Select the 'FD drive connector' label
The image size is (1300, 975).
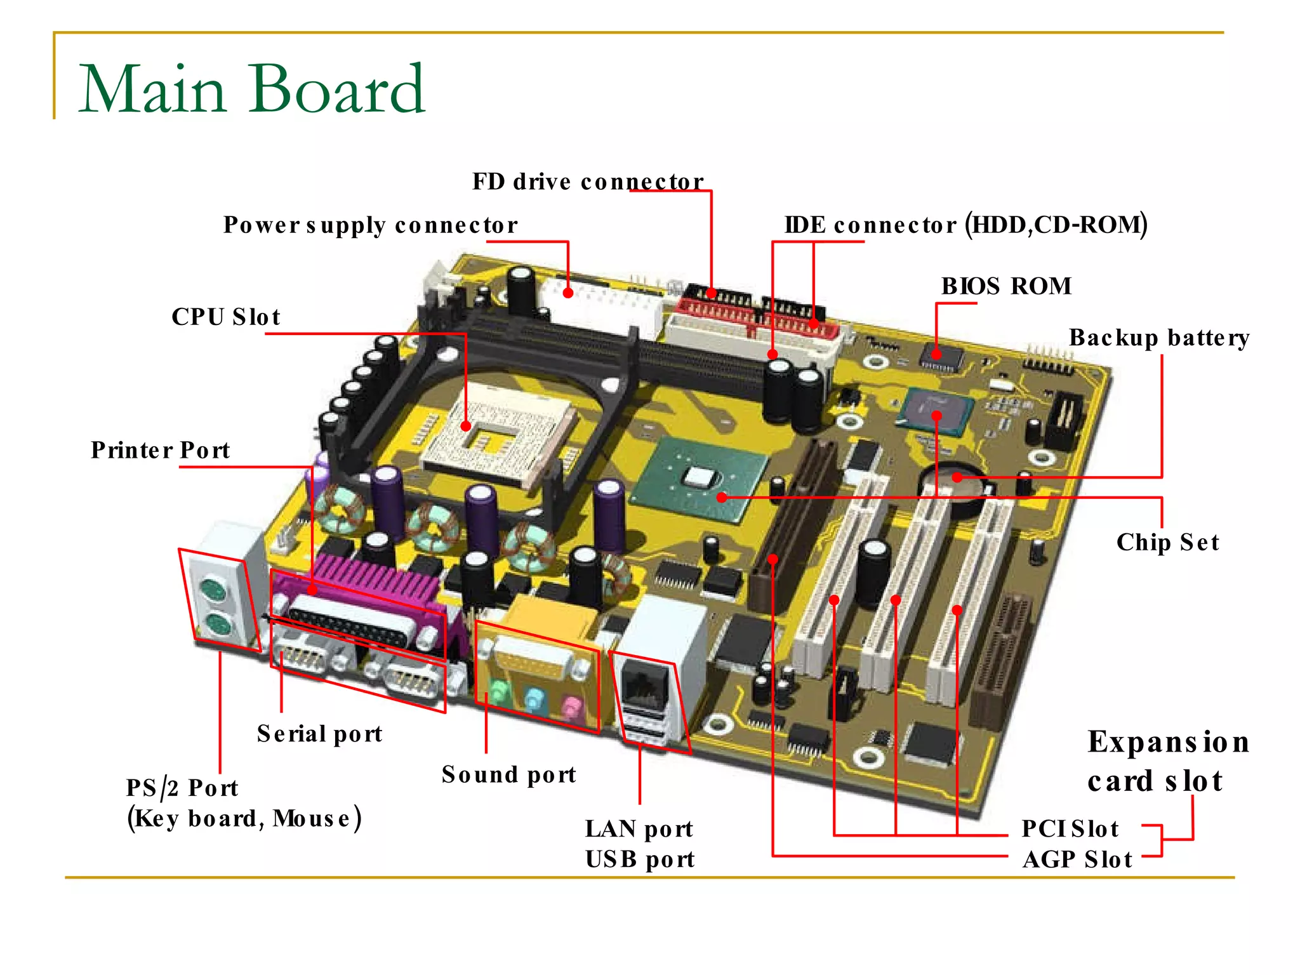587,182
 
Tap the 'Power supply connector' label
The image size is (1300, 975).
370,225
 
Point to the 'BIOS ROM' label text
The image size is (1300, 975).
1006,286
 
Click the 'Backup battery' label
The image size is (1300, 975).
1159,338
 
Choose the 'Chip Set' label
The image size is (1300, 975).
1167,543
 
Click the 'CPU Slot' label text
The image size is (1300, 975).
226,317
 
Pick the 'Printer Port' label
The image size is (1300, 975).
160,450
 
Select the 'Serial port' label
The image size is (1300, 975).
319,734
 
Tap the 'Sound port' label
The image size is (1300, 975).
508,775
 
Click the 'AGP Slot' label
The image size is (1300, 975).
1077,859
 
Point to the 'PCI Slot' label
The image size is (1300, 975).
1070,829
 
